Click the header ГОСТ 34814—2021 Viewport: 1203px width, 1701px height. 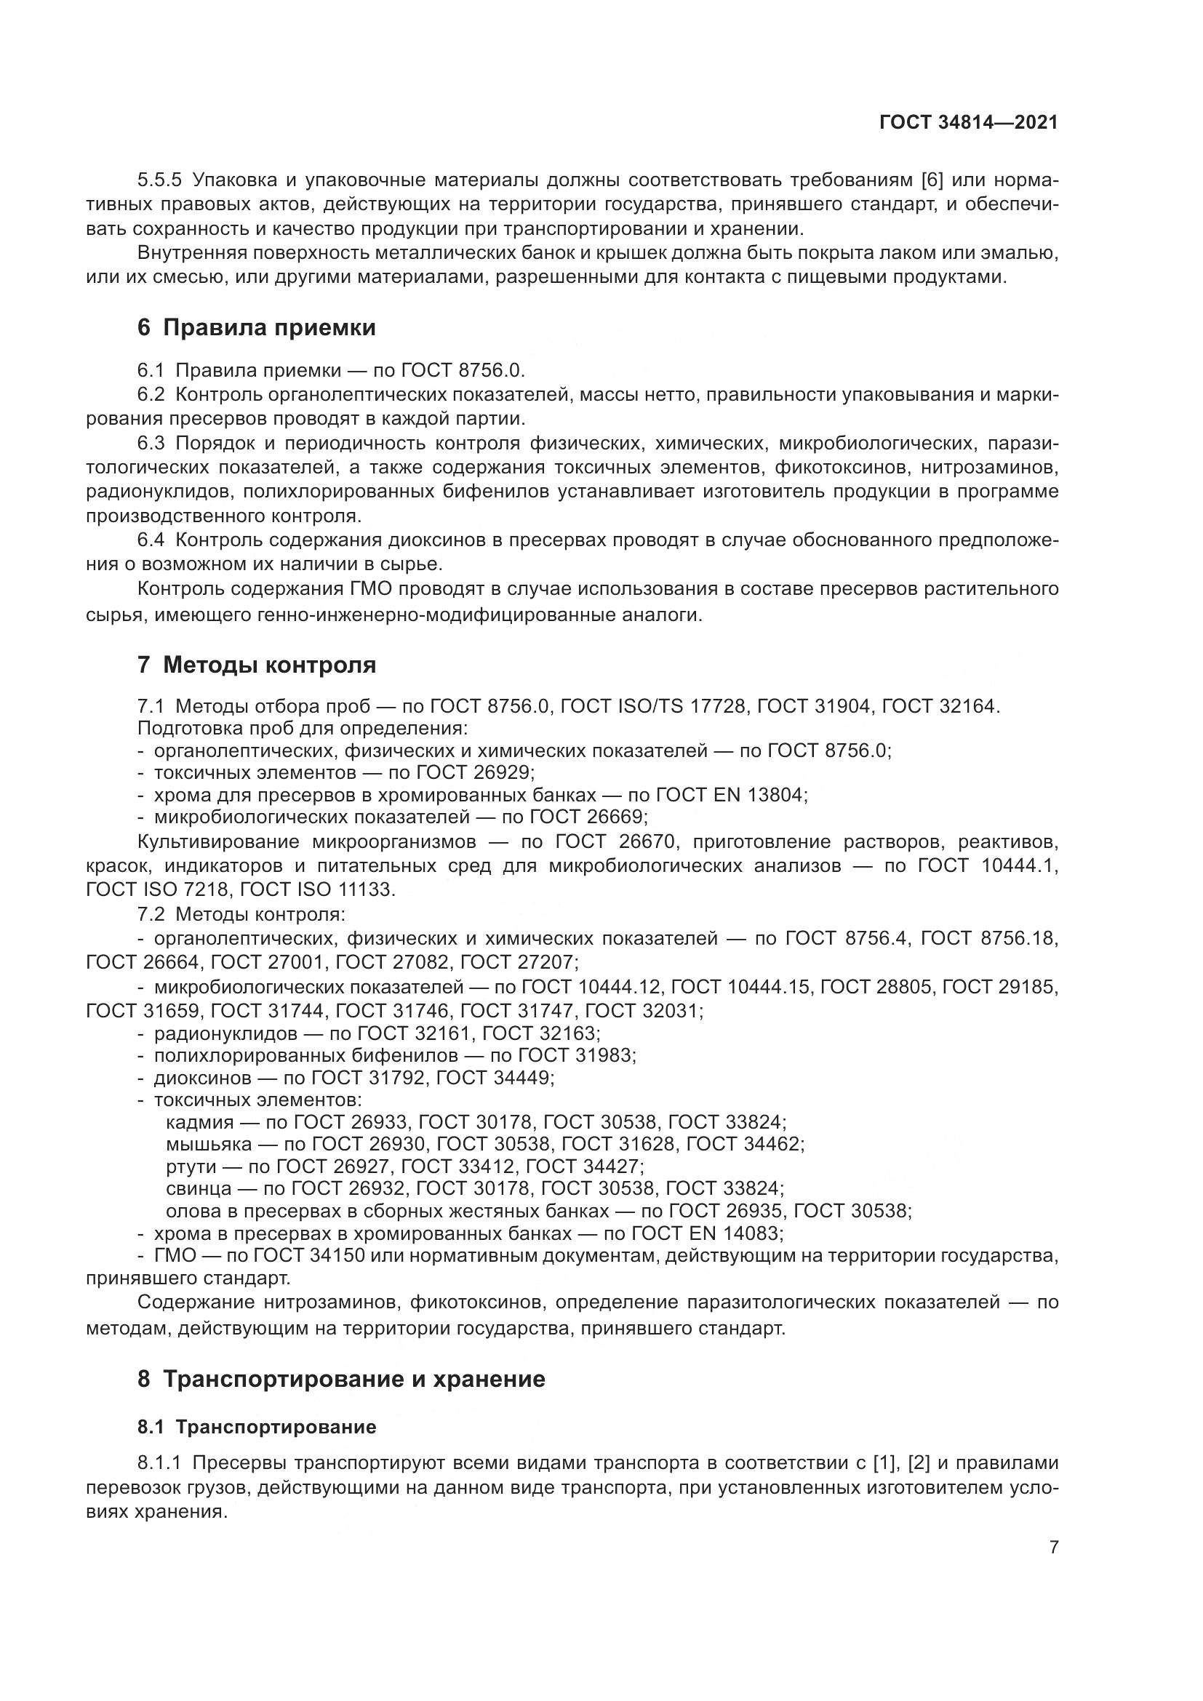click(x=968, y=123)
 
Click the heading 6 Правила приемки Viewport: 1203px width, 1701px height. click(x=256, y=327)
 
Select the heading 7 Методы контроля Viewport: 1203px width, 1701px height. click(x=256, y=665)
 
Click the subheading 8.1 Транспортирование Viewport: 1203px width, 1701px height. click(x=256, y=1427)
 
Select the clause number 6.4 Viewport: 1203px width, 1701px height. click(x=151, y=540)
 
